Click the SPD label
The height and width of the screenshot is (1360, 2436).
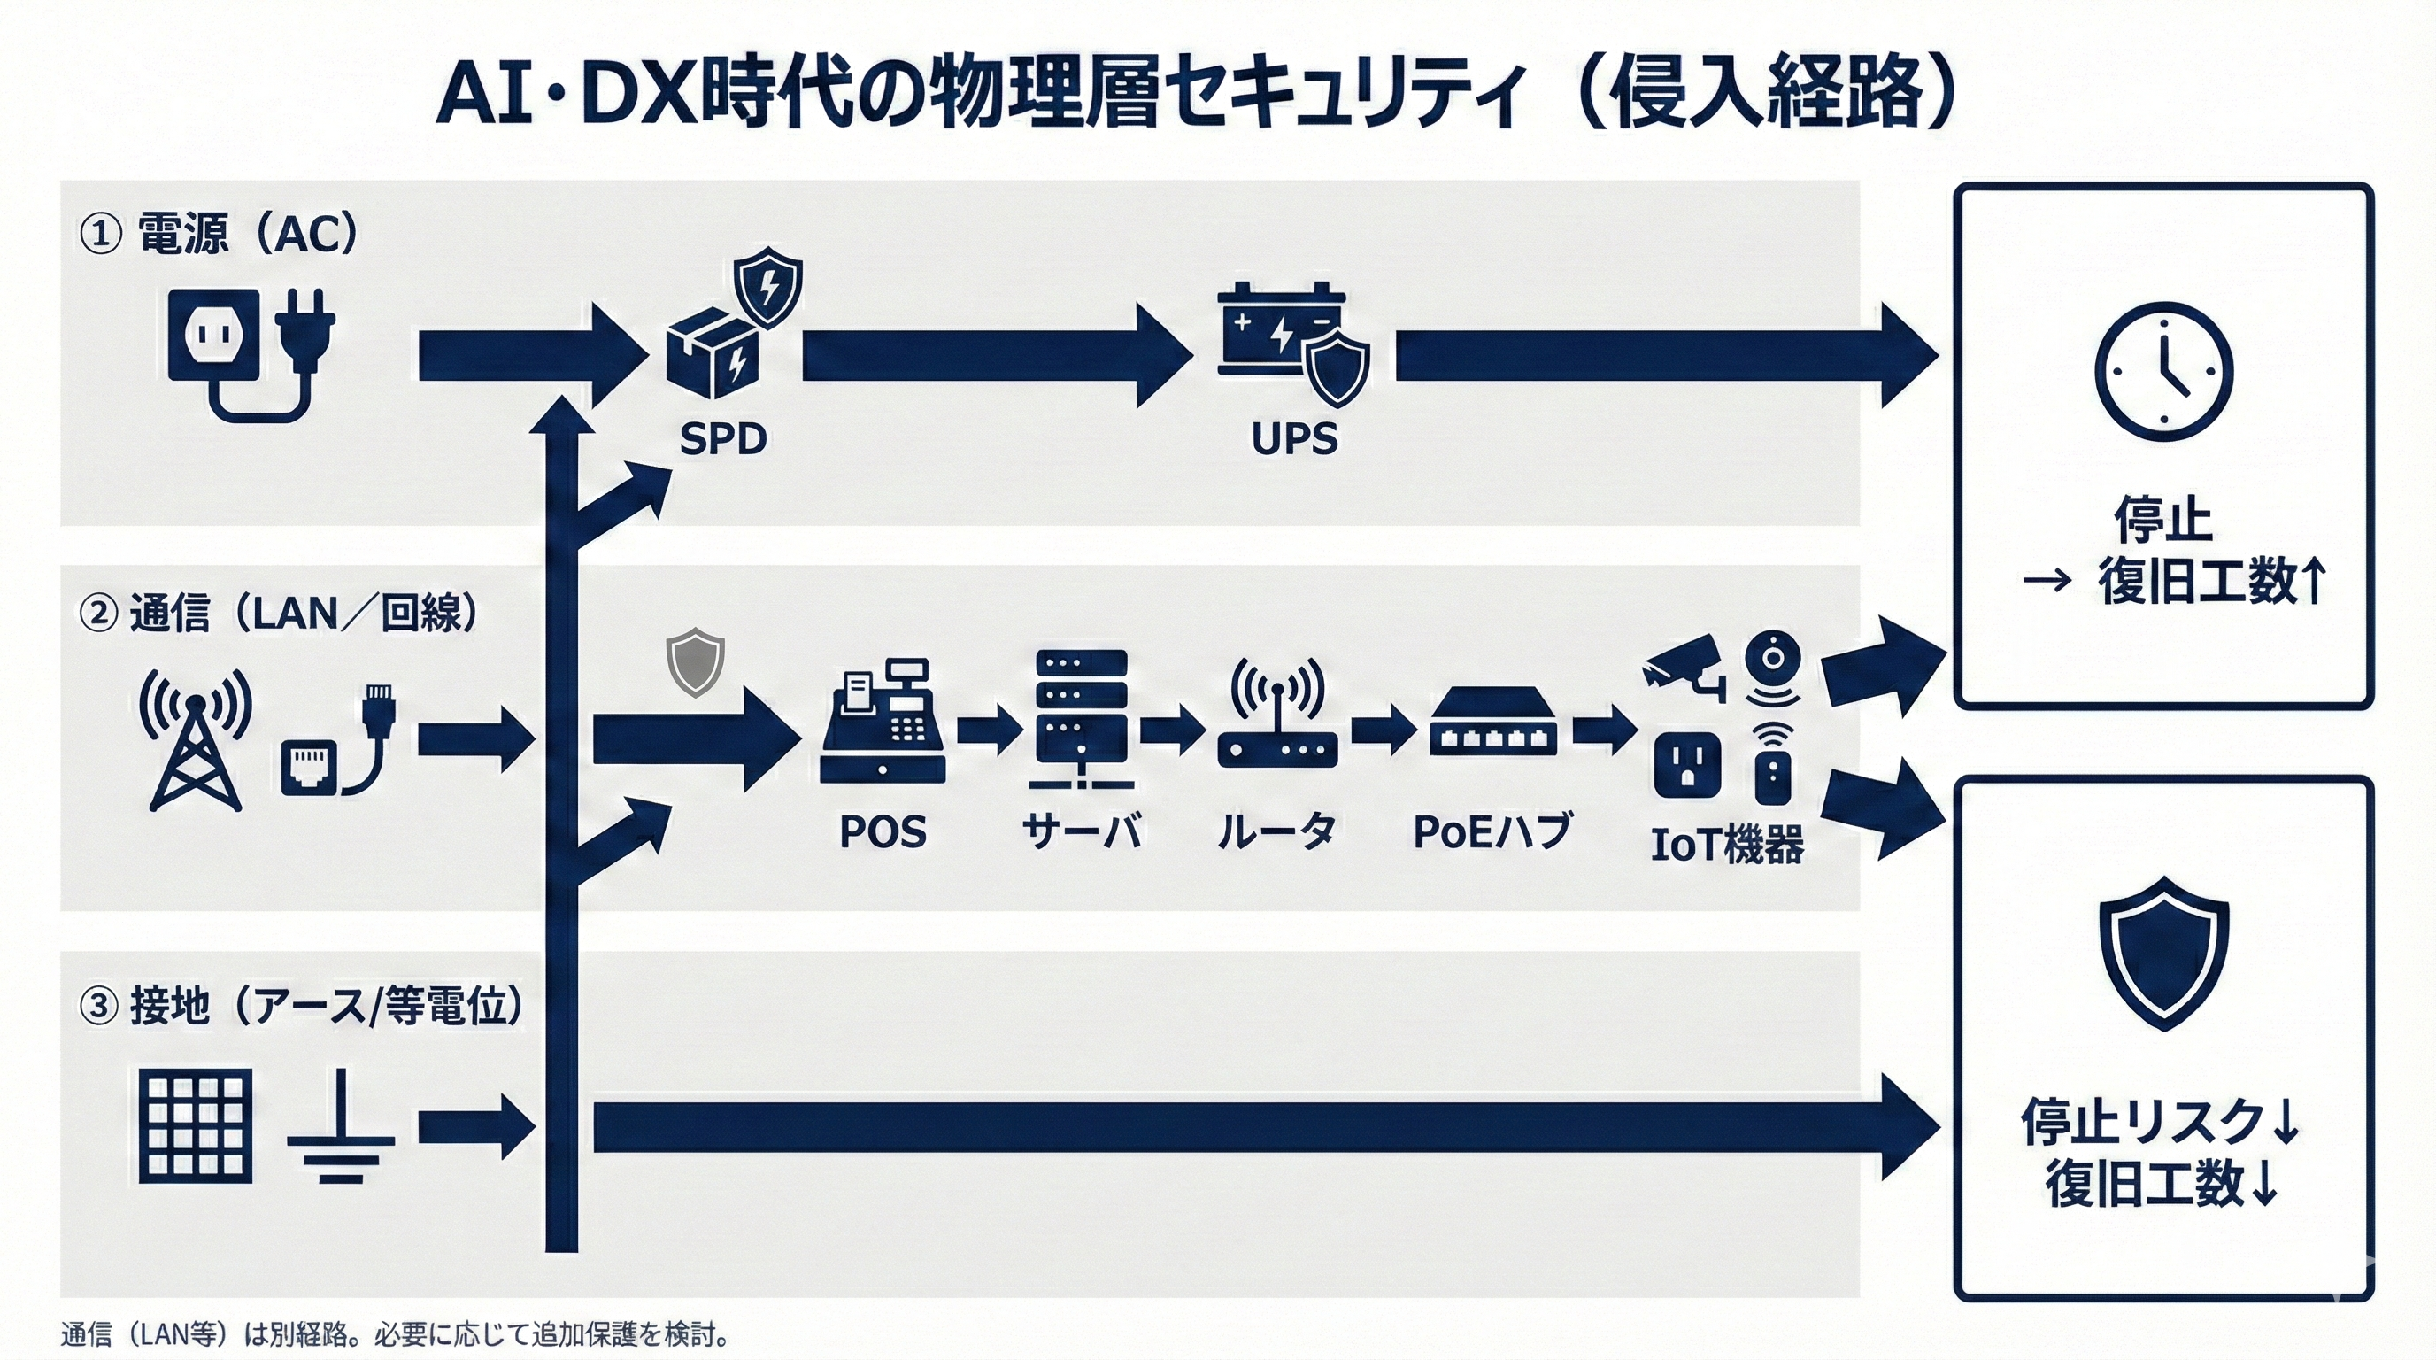[723, 439]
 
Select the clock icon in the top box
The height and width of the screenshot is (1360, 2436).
[2163, 372]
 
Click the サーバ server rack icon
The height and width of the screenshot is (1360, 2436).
[1082, 719]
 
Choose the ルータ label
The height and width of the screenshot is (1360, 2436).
[1276, 831]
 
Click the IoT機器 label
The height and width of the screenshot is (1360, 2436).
[1727, 845]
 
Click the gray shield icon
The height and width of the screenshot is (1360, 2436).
[695, 661]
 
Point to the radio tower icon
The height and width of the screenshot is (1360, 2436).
[196, 738]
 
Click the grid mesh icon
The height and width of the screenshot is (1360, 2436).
[196, 1125]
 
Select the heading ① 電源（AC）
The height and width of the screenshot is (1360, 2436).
[220, 234]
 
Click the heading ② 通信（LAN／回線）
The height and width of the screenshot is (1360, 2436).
[279, 614]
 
